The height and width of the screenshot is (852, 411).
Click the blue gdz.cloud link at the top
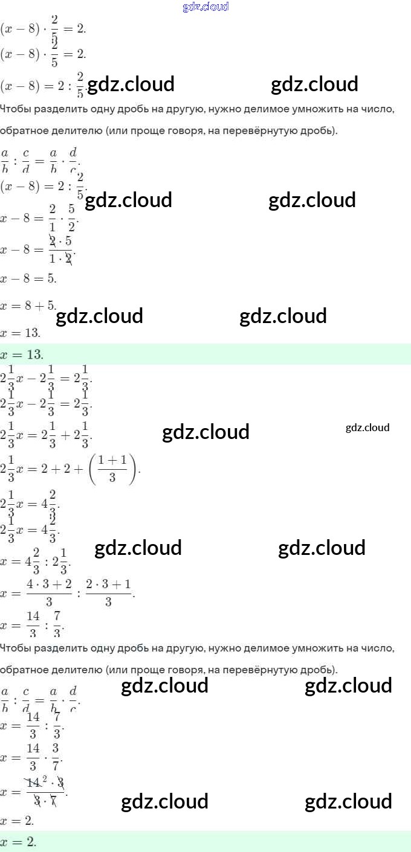click(x=205, y=7)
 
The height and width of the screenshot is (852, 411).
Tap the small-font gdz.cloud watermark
click(x=367, y=428)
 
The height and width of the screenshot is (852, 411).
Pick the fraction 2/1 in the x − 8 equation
click(x=53, y=217)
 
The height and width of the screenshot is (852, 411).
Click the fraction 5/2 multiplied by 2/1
click(x=71, y=217)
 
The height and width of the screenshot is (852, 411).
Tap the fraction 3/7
click(x=55, y=757)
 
